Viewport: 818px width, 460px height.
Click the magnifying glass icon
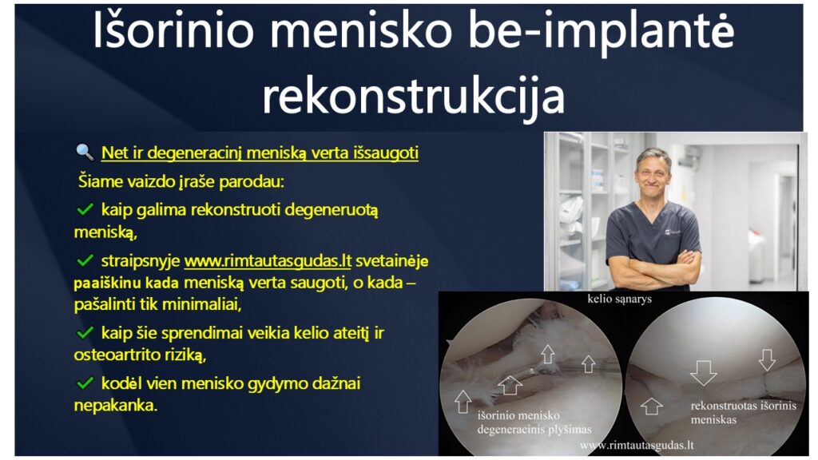coord(85,152)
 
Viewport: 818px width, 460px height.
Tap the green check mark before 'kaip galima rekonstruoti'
coord(85,210)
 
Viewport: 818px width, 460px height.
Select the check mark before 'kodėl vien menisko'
coord(85,383)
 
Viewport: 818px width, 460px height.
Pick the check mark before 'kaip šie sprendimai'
coord(85,332)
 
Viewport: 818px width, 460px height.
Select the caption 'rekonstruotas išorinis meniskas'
coord(743,412)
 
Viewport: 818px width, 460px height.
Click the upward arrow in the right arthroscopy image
coord(652,406)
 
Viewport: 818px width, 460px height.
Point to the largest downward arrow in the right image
coord(703,372)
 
